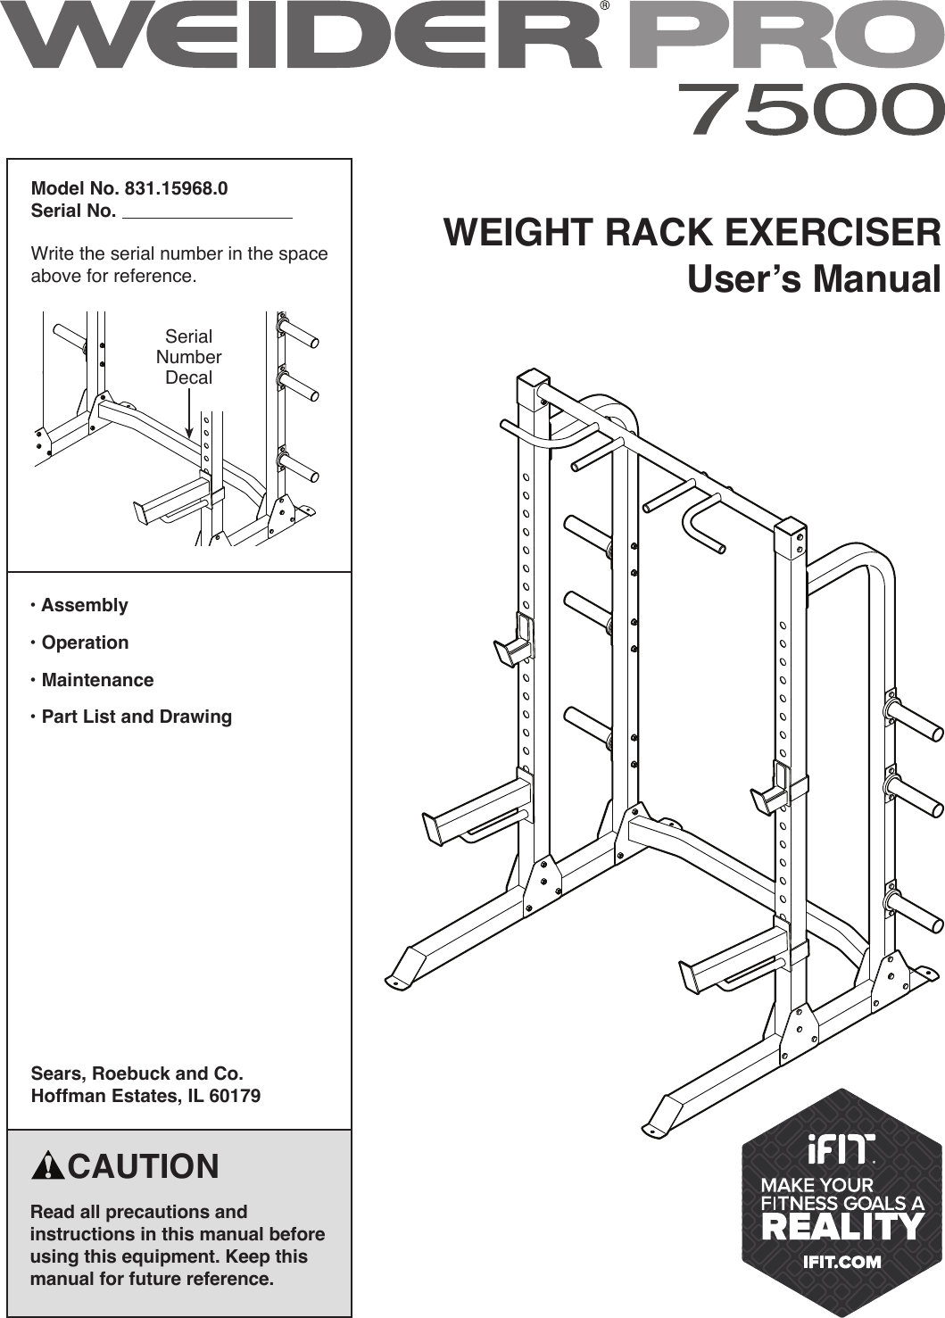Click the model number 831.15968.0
pyautogui.click(x=176, y=188)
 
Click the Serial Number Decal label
pyautogui.click(x=189, y=357)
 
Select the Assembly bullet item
pyautogui.click(x=84, y=605)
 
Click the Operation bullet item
pyautogui.click(x=85, y=642)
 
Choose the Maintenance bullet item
pyautogui.click(x=97, y=680)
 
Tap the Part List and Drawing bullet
pyautogui.click(x=137, y=717)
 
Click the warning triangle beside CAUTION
pyautogui.click(x=47, y=1166)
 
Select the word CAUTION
pyautogui.click(x=143, y=1166)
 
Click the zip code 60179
pyautogui.click(x=235, y=1096)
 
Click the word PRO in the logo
pyautogui.click(x=785, y=37)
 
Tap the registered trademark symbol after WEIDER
pyautogui.click(x=605, y=7)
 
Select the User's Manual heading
pyautogui.click(x=814, y=279)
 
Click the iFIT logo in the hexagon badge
pyautogui.click(x=841, y=1150)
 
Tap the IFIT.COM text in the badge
pyautogui.click(x=841, y=1262)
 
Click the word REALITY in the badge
pyautogui.click(x=842, y=1227)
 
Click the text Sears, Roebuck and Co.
pyautogui.click(x=137, y=1073)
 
